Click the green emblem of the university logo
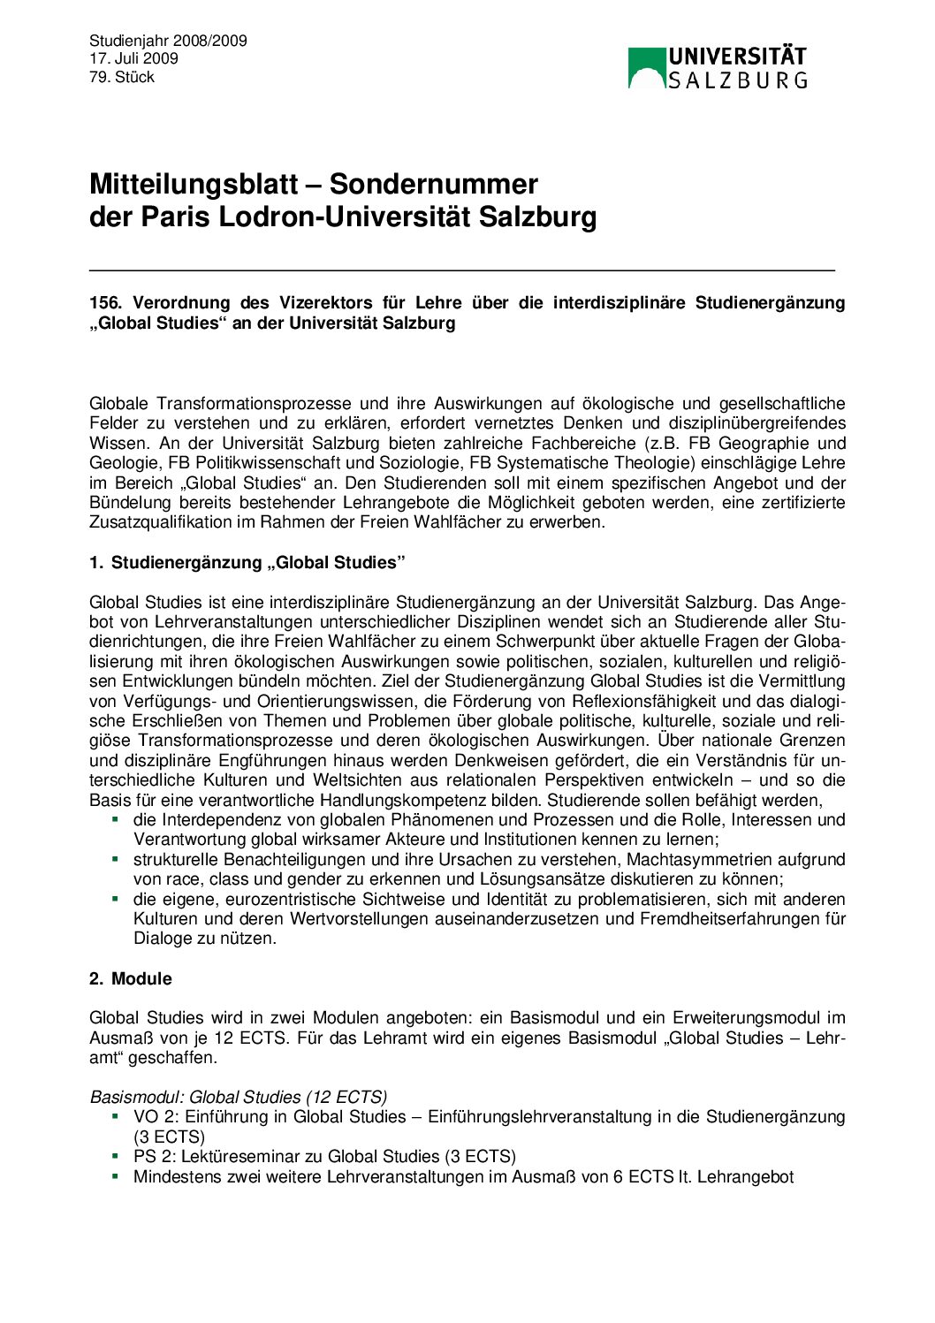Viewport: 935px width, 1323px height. click(x=646, y=68)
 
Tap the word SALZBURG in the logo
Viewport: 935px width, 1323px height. click(x=737, y=80)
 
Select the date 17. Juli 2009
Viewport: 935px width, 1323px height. click(x=133, y=58)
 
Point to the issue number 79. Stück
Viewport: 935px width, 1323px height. click(x=122, y=77)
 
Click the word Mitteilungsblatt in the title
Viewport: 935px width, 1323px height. click(x=194, y=184)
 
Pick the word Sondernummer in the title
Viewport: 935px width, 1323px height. click(x=434, y=184)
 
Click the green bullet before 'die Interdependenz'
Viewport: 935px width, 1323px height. click(x=115, y=819)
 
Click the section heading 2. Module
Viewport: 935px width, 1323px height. click(x=131, y=979)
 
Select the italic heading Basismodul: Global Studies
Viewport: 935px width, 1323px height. click(x=238, y=1098)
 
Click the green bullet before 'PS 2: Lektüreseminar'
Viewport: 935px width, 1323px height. click(x=115, y=1155)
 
